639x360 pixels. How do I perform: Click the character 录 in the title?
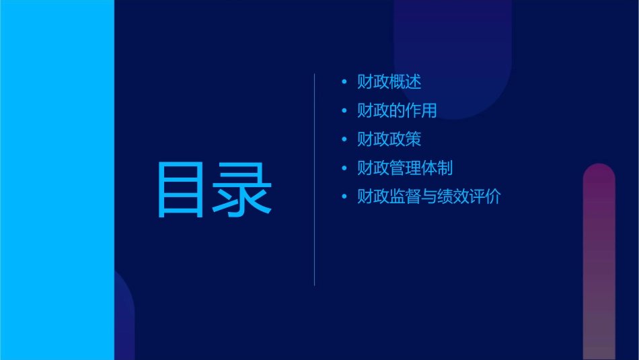click(x=243, y=190)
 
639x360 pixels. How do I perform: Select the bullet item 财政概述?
click(x=389, y=83)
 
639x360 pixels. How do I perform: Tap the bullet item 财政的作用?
click(x=397, y=110)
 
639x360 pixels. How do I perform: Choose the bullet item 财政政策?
click(x=389, y=139)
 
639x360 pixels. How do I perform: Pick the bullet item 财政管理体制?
click(x=405, y=168)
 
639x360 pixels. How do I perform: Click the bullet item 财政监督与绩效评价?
click(x=428, y=197)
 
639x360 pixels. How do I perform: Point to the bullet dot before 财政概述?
click(x=344, y=83)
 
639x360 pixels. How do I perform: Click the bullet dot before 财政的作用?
click(x=344, y=111)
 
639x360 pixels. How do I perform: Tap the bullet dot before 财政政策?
click(x=344, y=139)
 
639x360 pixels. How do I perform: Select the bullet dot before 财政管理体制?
click(x=344, y=168)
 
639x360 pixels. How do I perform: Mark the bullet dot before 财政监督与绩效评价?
click(x=344, y=197)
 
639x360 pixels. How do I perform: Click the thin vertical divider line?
click(x=315, y=180)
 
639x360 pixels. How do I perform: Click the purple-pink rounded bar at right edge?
click(x=599, y=262)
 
